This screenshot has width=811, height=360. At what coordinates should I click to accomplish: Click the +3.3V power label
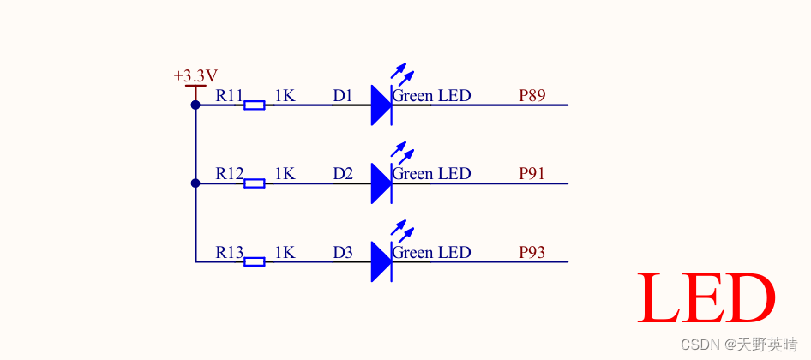(x=195, y=76)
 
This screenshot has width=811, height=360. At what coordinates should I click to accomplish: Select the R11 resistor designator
(x=230, y=95)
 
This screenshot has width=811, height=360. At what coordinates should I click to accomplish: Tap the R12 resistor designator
(x=230, y=173)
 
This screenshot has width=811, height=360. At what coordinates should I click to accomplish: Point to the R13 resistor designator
(x=230, y=252)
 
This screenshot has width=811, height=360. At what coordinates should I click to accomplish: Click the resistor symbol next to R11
(x=254, y=105)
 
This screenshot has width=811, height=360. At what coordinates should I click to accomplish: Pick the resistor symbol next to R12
(x=254, y=183)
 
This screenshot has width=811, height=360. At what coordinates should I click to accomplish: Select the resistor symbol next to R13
(x=254, y=261)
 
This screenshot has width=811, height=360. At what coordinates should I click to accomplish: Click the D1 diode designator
(x=343, y=95)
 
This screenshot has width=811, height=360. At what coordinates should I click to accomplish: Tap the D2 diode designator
(x=343, y=173)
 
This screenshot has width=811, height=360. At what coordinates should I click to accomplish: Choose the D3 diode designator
(x=343, y=252)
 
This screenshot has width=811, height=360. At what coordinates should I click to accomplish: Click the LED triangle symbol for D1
(x=381, y=105)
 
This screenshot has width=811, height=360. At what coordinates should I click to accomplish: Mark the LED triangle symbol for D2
(x=381, y=183)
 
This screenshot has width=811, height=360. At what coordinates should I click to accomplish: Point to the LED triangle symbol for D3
(x=381, y=261)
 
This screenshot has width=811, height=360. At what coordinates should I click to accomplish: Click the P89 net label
(x=532, y=95)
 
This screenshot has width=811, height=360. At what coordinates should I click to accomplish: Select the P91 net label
(x=532, y=173)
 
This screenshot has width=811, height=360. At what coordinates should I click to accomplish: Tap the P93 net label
(x=532, y=252)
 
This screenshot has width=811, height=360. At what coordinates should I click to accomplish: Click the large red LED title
(x=706, y=298)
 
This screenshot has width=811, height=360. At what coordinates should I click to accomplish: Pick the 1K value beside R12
(x=285, y=173)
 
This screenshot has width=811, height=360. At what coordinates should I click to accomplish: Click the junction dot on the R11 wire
(x=195, y=105)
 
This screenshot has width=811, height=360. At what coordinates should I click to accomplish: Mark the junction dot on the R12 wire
(x=195, y=183)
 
